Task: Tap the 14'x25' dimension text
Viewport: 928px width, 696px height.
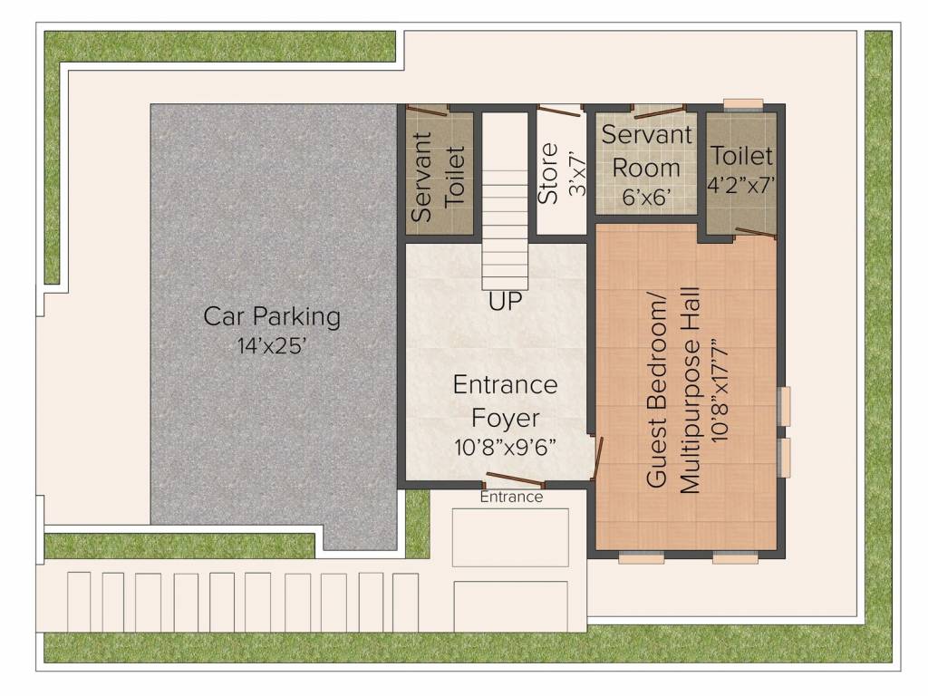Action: [x=272, y=345]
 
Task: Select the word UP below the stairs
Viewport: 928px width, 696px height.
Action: [x=506, y=302]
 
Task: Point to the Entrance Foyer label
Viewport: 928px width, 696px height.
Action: [x=505, y=401]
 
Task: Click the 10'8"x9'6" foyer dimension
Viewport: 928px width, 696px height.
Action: [x=505, y=447]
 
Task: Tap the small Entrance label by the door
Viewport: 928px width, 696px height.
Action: [x=511, y=497]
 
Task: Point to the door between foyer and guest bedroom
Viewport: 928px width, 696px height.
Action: [x=595, y=458]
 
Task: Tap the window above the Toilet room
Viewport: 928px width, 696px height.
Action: [x=742, y=102]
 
